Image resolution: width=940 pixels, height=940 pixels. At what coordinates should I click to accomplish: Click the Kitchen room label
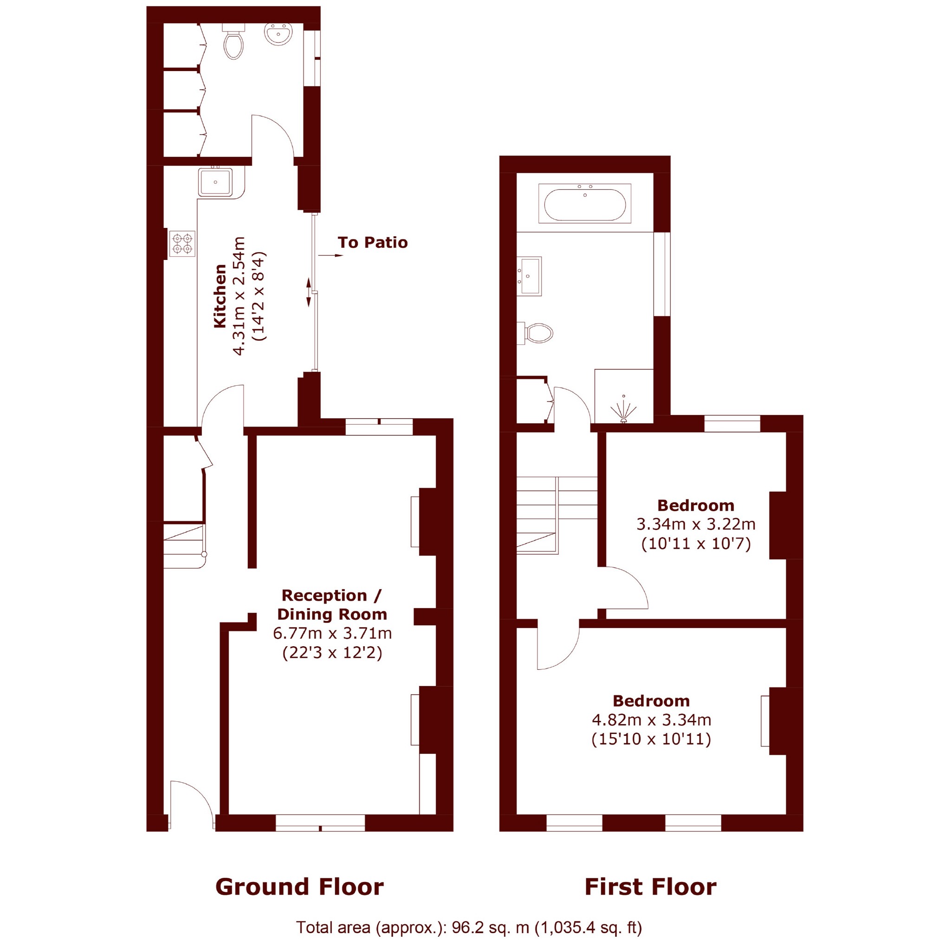tap(220, 296)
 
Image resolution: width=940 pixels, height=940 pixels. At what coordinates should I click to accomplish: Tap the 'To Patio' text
tap(373, 242)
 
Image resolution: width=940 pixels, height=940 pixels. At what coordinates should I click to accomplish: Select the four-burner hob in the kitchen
tap(182, 244)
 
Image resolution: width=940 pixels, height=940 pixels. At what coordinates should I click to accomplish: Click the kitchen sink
tap(215, 182)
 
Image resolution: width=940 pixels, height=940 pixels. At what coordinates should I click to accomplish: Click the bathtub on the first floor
tap(585, 204)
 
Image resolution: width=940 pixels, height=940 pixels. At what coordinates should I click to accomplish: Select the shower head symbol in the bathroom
tap(624, 409)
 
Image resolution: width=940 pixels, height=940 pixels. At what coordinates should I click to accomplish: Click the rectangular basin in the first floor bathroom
tap(529, 276)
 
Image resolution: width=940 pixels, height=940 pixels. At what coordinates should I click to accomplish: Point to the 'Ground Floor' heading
tap(299, 887)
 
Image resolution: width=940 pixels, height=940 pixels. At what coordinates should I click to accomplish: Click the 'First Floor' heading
tap(650, 887)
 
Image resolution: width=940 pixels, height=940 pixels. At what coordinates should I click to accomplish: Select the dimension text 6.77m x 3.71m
tap(332, 633)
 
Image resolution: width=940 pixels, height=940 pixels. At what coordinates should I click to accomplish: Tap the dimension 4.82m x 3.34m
tap(651, 720)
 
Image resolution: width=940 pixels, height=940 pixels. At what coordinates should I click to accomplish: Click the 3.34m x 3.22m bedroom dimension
tap(696, 524)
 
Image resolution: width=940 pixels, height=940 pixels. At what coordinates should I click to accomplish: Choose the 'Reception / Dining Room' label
tap(332, 605)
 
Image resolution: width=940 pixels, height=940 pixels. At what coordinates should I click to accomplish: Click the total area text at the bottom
tap(469, 927)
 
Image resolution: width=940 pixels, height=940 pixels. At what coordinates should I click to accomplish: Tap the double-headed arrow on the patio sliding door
tap(309, 292)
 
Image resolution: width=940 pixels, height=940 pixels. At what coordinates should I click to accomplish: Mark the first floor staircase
tap(557, 515)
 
